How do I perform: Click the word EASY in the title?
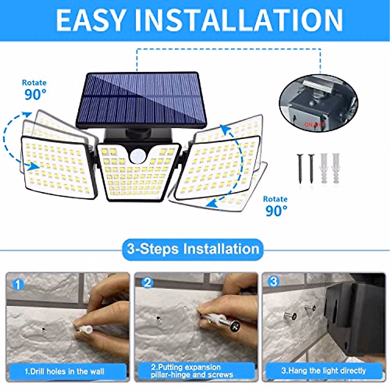[91, 20]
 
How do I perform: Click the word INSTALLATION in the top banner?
[239, 20]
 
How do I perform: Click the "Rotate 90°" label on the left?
[34, 90]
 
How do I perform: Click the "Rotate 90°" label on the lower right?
[276, 206]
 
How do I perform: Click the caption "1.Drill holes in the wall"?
[65, 371]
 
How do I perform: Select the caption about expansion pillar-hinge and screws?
[192, 371]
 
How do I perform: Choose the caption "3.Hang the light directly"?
[323, 370]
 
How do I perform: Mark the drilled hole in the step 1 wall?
[44, 329]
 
